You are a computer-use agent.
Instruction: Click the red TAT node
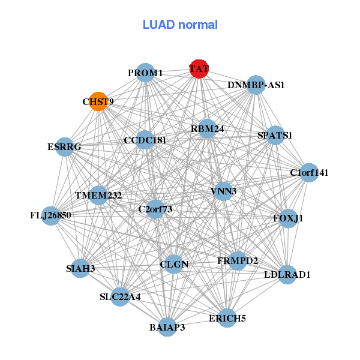tap(199, 68)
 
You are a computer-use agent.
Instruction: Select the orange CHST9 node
tap(98, 101)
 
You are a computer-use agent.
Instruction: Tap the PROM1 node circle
tap(145, 73)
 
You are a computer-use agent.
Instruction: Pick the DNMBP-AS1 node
tap(256, 85)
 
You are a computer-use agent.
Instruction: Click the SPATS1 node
tap(275, 135)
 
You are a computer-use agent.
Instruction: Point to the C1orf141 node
tap(308, 173)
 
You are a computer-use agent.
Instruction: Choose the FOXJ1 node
tap(288, 218)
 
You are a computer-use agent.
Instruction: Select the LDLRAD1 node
tap(287, 275)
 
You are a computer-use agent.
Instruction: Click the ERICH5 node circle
tap(227, 318)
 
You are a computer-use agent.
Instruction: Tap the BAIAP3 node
tap(167, 327)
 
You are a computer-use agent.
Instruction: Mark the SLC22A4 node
tap(120, 296)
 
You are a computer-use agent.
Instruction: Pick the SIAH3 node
tap(80, 268)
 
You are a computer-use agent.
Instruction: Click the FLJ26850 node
tap(51, 215)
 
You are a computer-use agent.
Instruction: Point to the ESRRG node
tap(65, 146)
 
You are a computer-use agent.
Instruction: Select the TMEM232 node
tap(98, 196)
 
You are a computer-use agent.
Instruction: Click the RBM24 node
tap(207, 128)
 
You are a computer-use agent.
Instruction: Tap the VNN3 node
tap(223, 191)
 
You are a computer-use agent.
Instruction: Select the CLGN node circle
tap(174, 264)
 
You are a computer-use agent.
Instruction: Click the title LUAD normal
tap(180, 25)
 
